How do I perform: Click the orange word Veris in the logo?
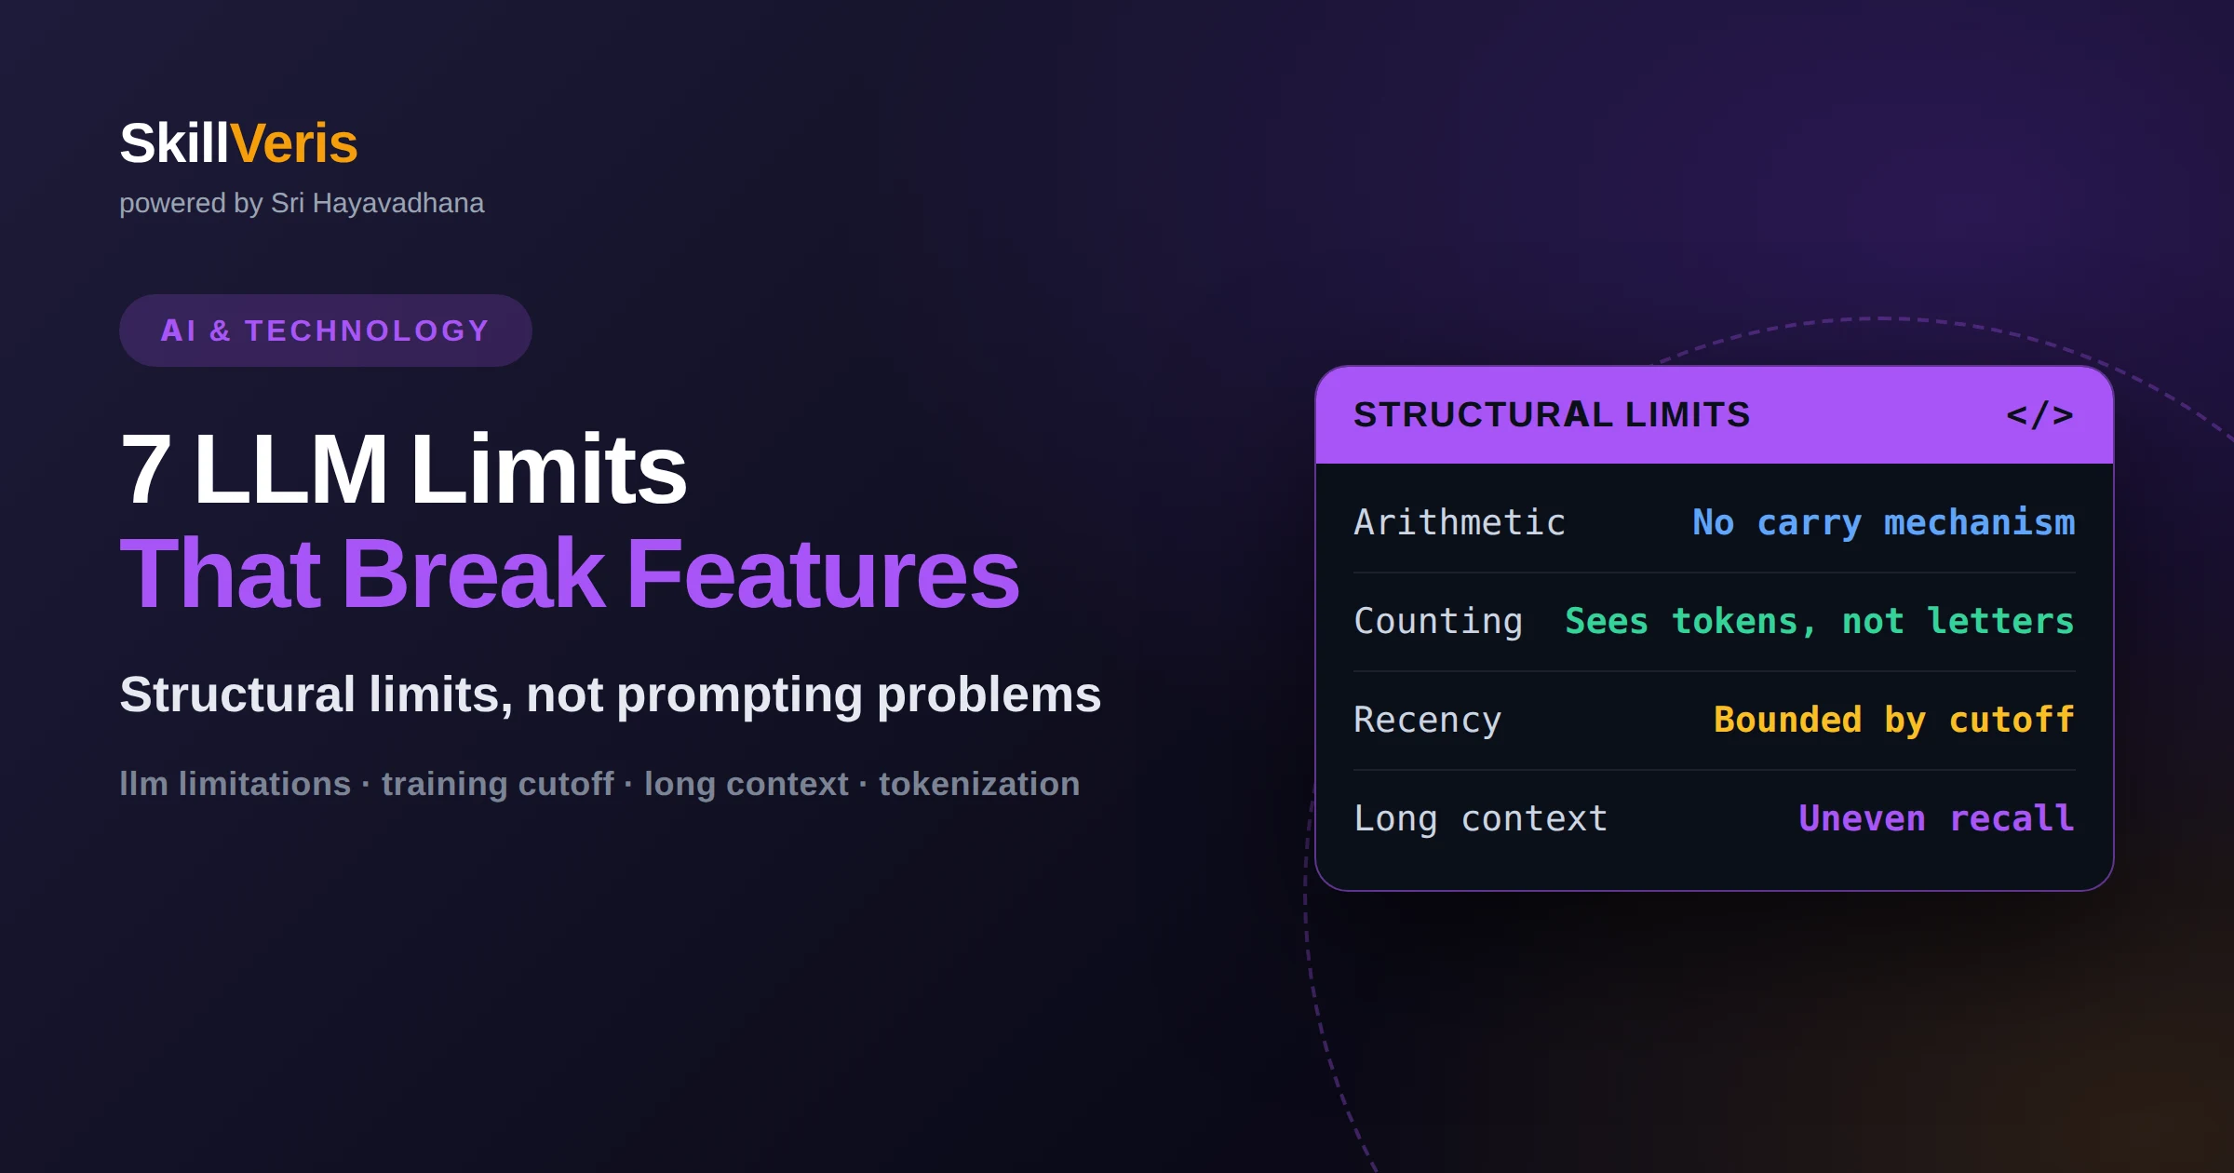(x=293, y=143)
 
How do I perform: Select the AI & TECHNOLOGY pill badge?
(x=326, y=330)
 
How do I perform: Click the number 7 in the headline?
(x=146, y=469)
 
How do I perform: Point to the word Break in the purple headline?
(x=474, y=573)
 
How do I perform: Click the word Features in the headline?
(x=824, y=573)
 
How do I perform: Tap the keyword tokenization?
(x=979, y=784)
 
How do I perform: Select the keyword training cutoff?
(x=498, y=784)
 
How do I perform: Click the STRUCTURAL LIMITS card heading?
(x=1552, y=414)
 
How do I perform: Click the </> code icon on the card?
(x=2039, y=414)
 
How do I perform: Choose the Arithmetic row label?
(x=1460, y=522)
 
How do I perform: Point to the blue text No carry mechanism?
(x=1884, y=523)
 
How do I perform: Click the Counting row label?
(x=1438, y=622)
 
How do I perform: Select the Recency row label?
(x=1428, y=721)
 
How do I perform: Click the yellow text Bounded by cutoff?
(x=1894, y=721)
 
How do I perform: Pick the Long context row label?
(x=1481, y=819)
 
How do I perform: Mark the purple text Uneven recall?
(x=1937, y=818)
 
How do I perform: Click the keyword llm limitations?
(x=236, y=784)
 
